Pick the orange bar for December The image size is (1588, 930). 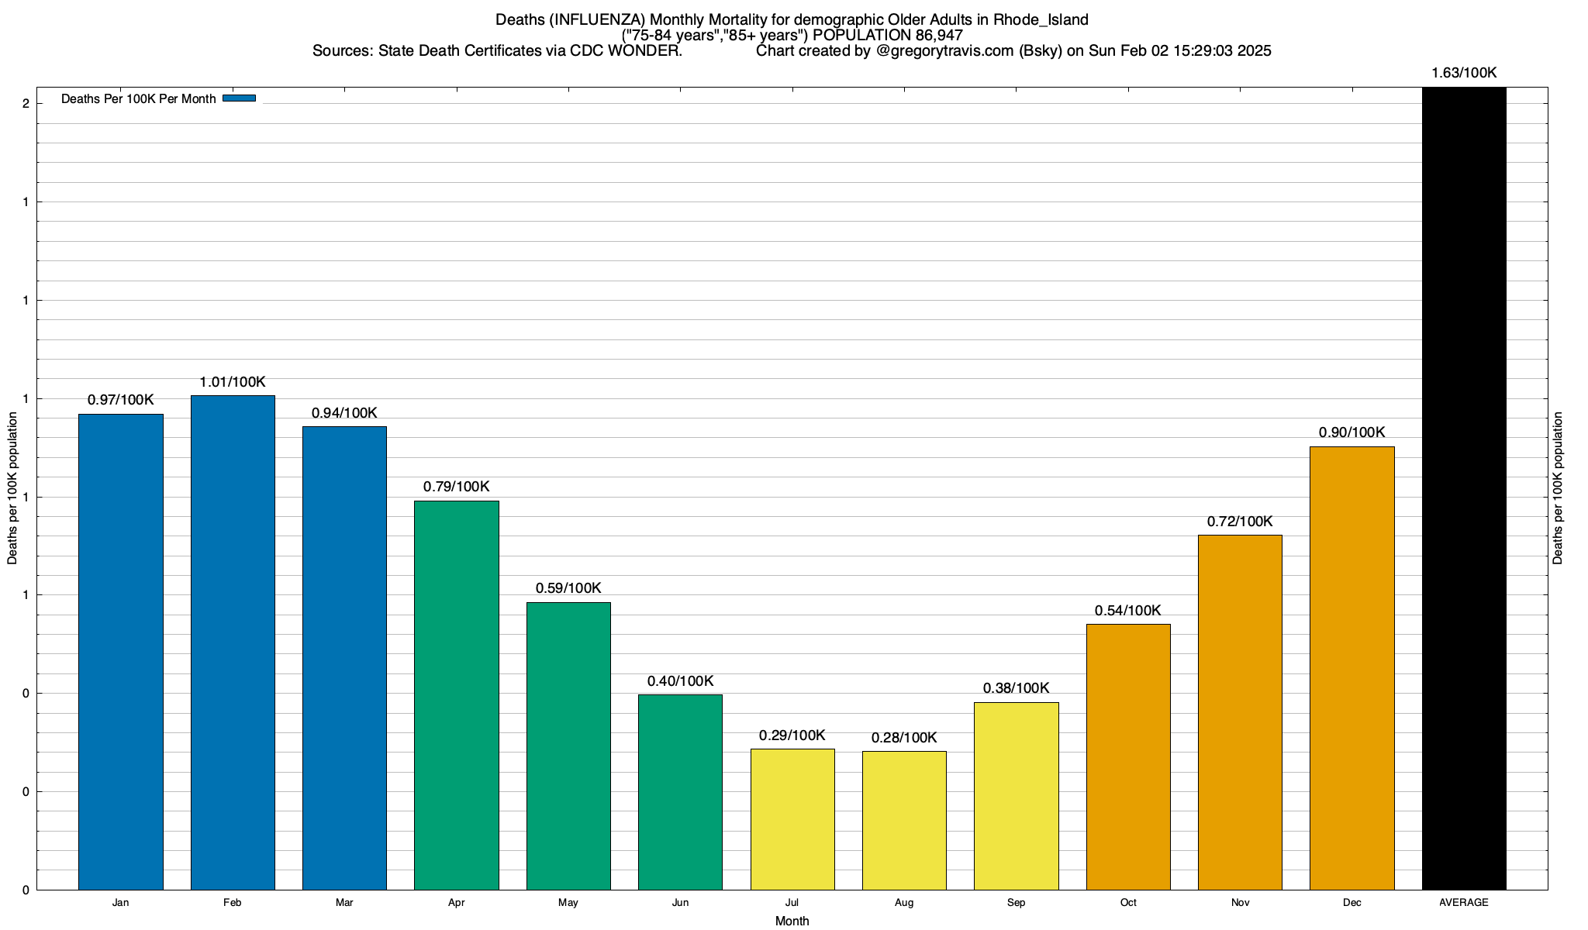tap(1352, 667)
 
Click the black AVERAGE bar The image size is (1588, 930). tap(1464, 488)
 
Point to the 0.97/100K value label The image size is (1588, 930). tap(121, 400)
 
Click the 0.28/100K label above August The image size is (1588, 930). tap(904, 738)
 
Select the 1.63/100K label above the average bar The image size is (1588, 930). tap(1464, 73)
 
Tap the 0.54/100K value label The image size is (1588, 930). tap(1128, 611)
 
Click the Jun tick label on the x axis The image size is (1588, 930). tap(680, 903)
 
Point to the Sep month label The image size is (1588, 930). tap(1016, 903)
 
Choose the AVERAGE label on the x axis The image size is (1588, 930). tap(1464, 903)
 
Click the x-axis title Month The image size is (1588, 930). tap(792, 921)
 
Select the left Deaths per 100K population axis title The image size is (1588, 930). tap(12, 488)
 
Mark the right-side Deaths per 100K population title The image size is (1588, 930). tap(1559, 488)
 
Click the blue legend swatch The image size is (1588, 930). tap(239, 98)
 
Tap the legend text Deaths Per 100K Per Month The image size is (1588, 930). tap(139, 99)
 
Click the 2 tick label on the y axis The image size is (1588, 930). tap(26, 104)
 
